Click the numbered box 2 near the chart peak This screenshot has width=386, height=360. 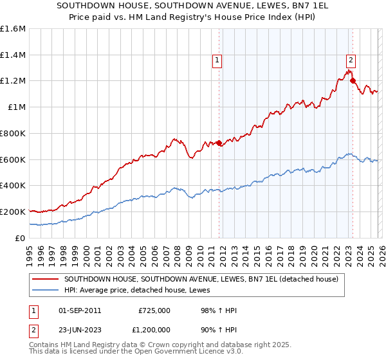[351, 60]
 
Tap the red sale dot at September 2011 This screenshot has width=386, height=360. [219, 143]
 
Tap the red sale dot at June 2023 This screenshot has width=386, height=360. [353, 80]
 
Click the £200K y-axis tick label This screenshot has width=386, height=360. [13, 212]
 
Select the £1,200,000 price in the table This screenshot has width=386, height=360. [154, 331]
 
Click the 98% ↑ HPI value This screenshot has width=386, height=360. [219, 310]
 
